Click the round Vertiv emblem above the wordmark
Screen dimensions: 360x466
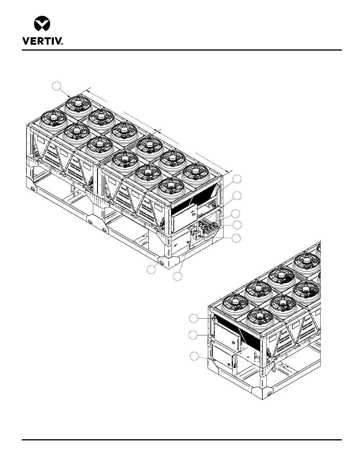[x=42, y=23]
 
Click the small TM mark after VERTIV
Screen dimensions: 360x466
[x=62, y=44]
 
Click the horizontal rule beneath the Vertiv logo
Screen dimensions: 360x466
[x=181, y=50]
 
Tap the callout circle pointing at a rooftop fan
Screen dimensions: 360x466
[x=56, y=86]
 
